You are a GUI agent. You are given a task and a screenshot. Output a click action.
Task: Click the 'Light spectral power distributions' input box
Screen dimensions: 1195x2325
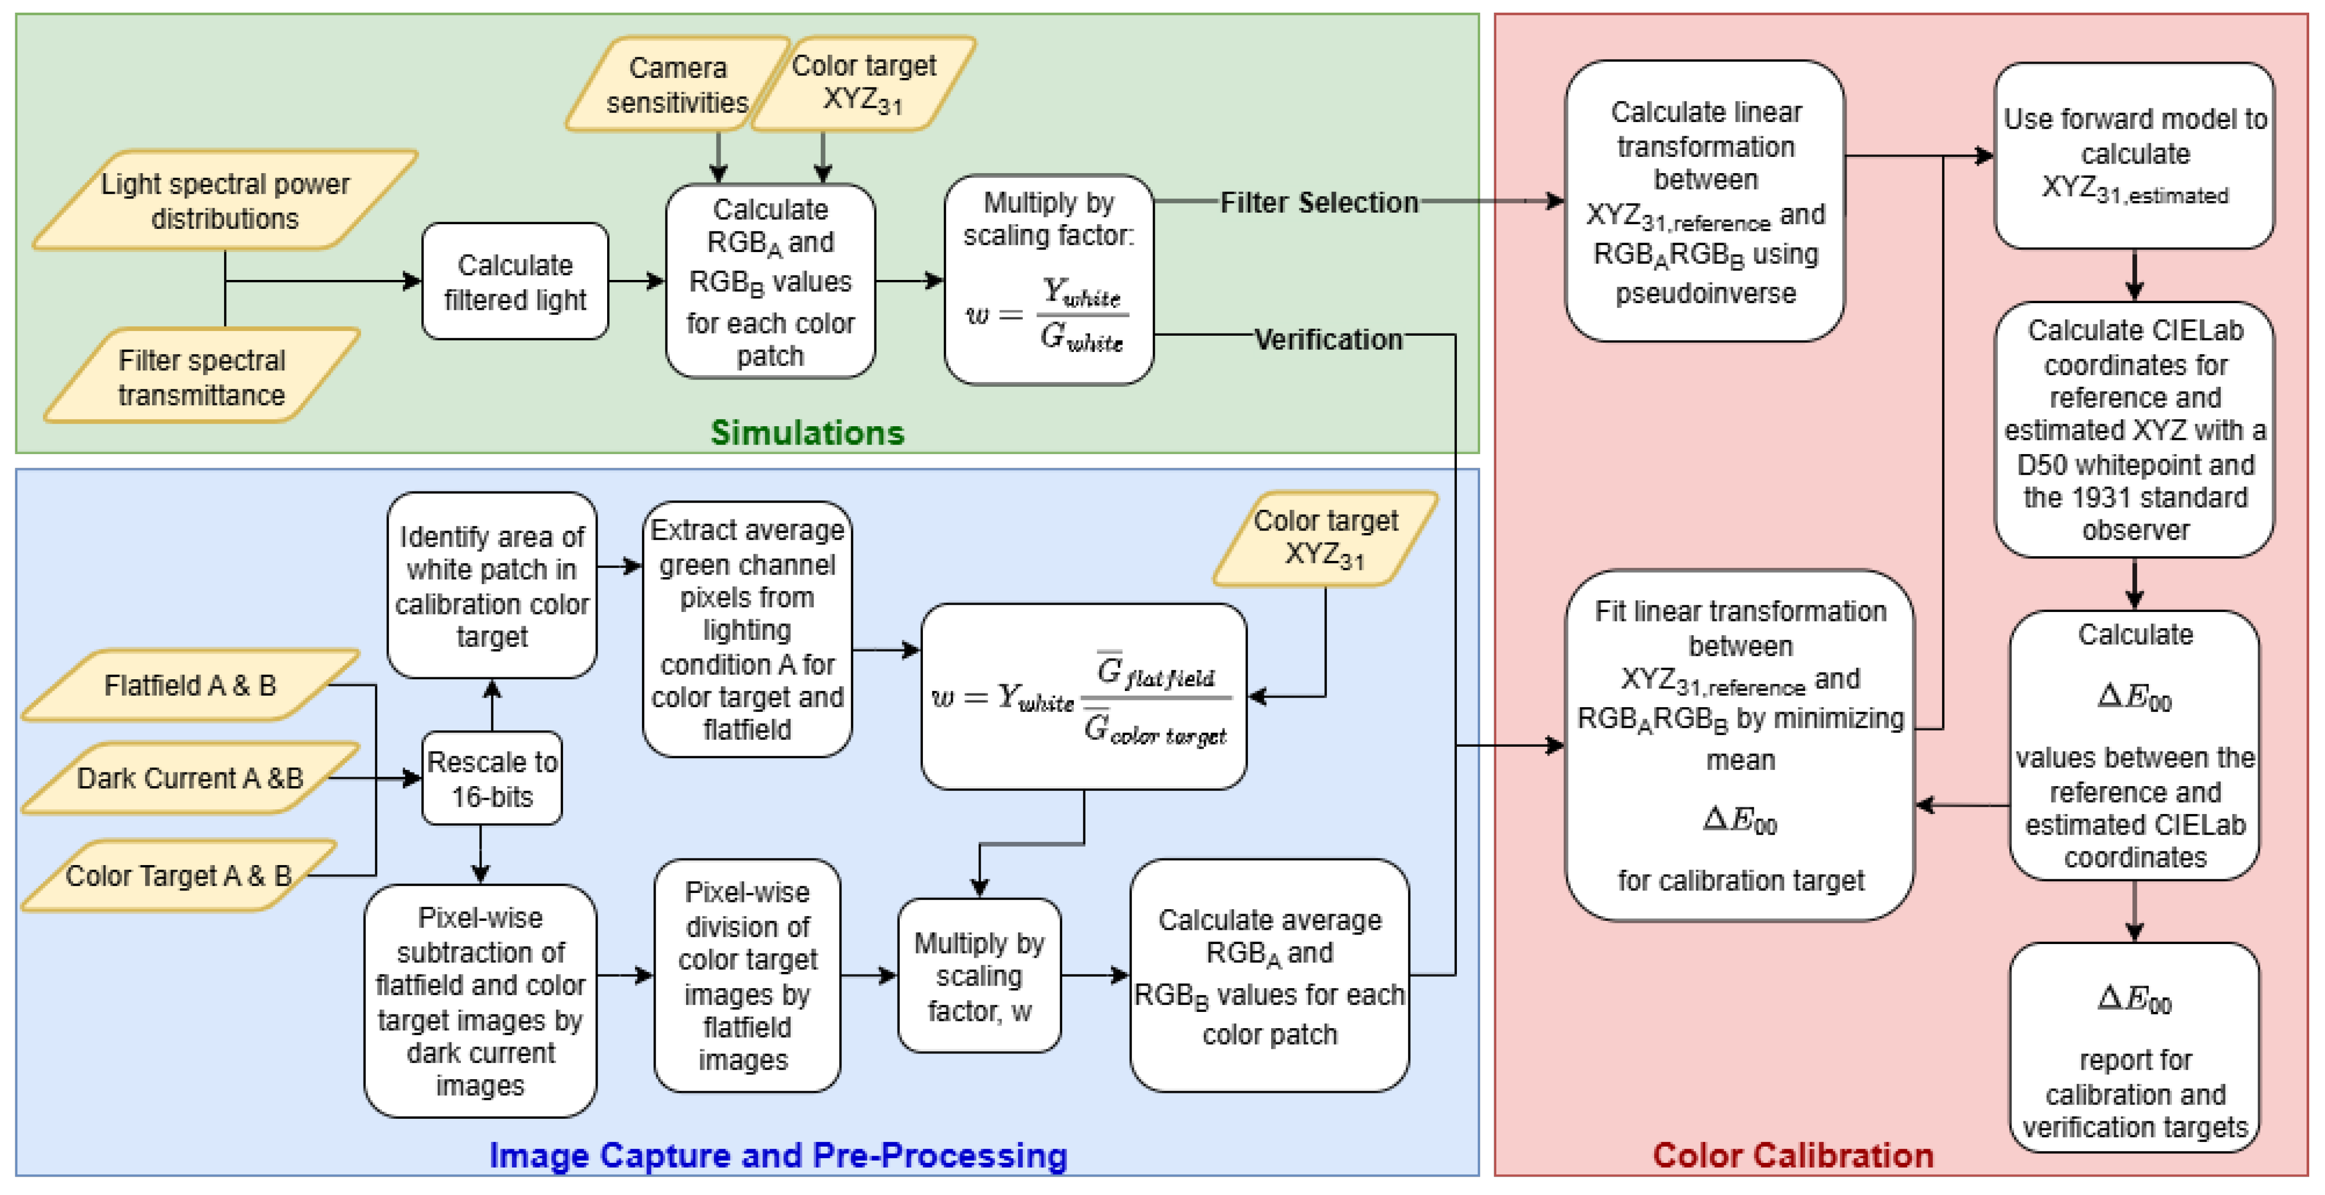click(x=225, y=200)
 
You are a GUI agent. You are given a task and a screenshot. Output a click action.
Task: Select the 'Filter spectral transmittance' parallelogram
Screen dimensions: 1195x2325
click(x=202, y=376)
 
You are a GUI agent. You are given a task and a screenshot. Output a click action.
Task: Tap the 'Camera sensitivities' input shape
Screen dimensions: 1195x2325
click(x=677, y=85)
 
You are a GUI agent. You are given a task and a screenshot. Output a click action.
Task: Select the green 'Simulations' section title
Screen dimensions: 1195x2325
click(x=807, y=433)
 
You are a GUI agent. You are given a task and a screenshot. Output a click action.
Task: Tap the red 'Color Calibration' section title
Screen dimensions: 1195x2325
click(x=1793, y=1156)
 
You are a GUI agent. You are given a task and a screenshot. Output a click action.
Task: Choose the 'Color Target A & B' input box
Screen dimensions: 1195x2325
click(x=179, y=876)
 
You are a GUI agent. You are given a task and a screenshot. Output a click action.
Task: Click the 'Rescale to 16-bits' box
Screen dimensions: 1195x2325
click(x=492, y=779)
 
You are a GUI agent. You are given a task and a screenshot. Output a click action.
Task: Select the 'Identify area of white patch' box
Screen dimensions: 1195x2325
click(x=492, y=586)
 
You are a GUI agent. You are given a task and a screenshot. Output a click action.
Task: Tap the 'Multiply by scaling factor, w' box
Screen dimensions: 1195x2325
click(x=979, y=976)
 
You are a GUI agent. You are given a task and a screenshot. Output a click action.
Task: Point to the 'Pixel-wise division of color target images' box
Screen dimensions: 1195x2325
click(x=747, y=976)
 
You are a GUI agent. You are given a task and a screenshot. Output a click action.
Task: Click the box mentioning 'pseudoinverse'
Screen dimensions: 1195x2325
click(x=1705, y=202)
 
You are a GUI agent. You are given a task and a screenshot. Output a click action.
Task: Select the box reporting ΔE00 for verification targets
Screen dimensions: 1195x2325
click(x=2135, y=1047)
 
